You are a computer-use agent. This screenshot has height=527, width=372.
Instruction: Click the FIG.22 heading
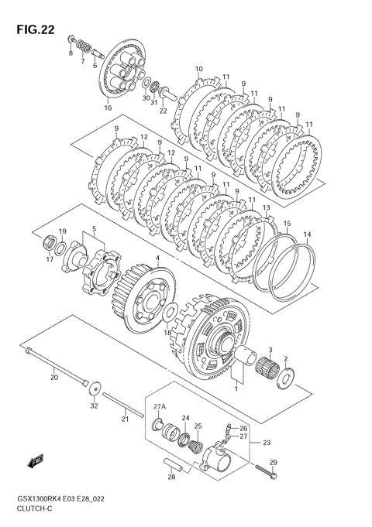pos(36,29)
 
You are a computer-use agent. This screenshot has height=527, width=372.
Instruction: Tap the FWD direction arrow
pos(36,461)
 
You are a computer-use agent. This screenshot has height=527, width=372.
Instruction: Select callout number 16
pos(108,108)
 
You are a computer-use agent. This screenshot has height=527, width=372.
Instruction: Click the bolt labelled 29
pos(266,471)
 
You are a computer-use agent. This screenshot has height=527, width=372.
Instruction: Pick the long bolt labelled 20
pos(57,367)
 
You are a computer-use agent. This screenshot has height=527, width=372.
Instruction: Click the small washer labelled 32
pos(96,388)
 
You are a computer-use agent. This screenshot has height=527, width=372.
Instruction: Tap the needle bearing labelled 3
pos(267,367)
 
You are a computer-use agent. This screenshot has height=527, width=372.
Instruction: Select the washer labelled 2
pos(286,378)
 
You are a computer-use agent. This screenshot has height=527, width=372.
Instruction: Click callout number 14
pos(308,234)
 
